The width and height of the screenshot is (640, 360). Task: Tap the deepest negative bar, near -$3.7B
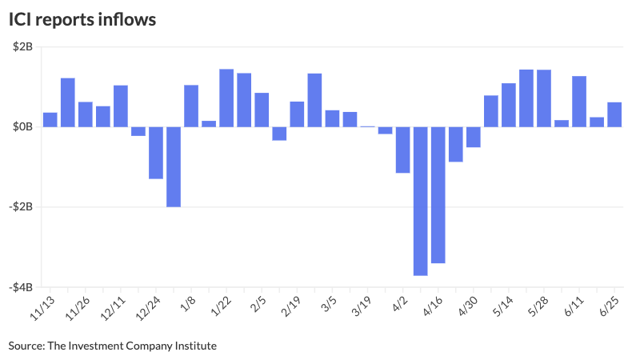[420, 201]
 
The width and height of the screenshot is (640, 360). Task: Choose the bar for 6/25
[614, 114]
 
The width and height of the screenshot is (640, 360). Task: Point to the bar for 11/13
[50, 119]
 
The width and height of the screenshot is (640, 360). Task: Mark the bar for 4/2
[402, 150]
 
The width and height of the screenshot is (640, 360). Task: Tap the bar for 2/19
[297, 114]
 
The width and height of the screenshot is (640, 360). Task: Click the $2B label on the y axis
[22, 47]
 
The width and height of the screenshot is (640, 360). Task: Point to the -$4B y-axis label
[20, 287]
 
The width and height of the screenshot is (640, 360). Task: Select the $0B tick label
[22, 127]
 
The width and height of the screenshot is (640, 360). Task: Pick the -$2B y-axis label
[20, 207]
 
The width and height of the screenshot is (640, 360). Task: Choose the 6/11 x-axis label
[573, 307]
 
